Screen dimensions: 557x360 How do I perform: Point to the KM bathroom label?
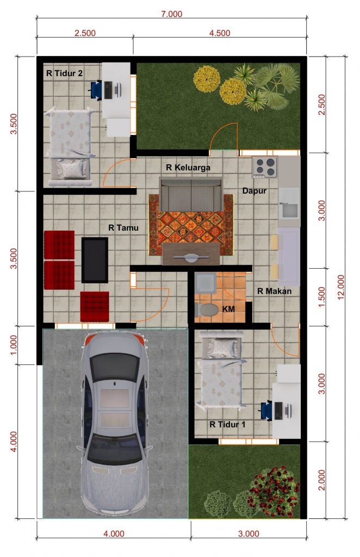click(228, 309)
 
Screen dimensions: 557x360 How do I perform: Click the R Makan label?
click(274, 291)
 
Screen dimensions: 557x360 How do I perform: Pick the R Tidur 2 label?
click(64, 73)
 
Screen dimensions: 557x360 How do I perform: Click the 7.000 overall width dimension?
click(171, 14)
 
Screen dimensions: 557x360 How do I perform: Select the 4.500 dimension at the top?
click(219, 33)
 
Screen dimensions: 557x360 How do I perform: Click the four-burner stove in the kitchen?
click(265, 166)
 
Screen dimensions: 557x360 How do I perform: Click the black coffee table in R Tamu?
click(95, 259)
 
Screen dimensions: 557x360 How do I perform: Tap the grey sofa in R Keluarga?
click(190, 193)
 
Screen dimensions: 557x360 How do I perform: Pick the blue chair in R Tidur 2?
click(96, 89)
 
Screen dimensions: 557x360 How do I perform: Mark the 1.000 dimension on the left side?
click(15, 345)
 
